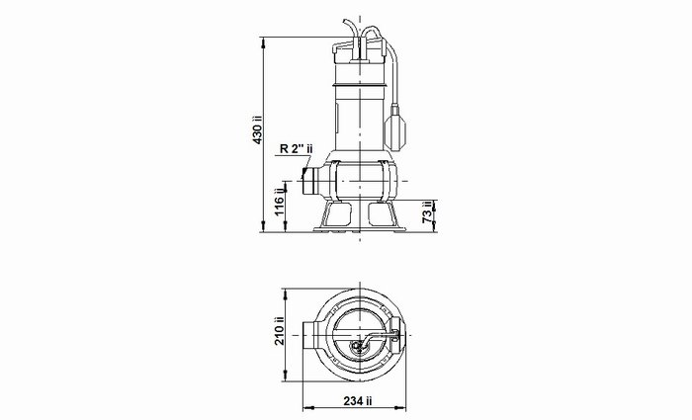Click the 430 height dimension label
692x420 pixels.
(258, 129)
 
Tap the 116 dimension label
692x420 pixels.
(280, 203)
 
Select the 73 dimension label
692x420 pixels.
(427, 212)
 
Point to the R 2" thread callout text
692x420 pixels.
(297, 148)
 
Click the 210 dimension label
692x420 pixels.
(280, 331)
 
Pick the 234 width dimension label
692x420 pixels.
(358, 400)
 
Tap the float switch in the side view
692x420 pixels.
(394, 128)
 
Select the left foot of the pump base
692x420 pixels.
(338, 214)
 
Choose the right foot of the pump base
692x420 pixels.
(383, 214)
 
